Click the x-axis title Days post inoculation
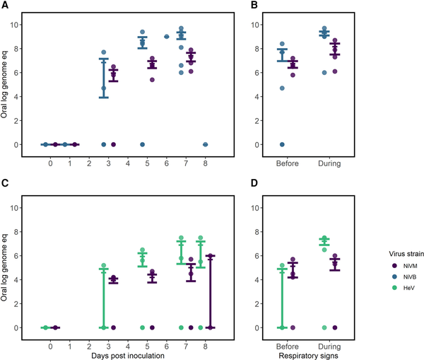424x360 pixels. point(128,354)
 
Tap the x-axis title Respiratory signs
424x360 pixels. point(310,354)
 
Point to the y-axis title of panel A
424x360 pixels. point(6,84)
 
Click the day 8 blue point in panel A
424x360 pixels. point(205,144)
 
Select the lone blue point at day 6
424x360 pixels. point(166,37)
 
